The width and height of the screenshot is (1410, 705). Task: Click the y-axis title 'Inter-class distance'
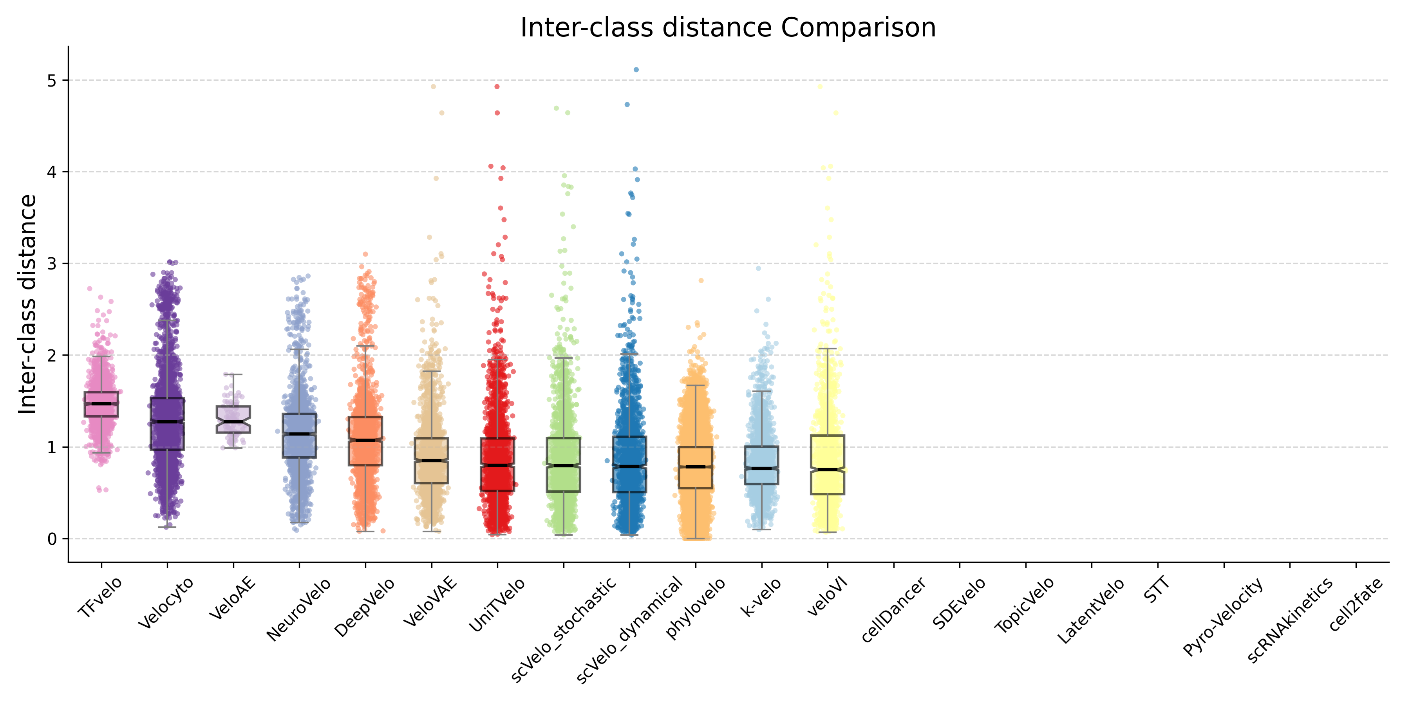click(x=27, y=304)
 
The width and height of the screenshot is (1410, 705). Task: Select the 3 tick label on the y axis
click(x=52, y=264)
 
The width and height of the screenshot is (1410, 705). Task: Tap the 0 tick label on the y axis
click(x=52, y=539)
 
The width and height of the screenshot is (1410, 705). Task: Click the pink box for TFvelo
click(x=101, y=404)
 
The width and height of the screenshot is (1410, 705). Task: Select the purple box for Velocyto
click(x=168, y=424)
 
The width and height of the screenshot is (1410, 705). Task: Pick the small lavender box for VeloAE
click(x=234, y=420)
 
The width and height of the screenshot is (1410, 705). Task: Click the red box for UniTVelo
click(x=497, y=464)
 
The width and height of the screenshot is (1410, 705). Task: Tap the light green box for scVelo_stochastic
click(x=564, y=464)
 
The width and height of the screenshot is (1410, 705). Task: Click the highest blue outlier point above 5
click(x=636, y=69)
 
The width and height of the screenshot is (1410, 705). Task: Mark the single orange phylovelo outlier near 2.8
click(x=701, y=280)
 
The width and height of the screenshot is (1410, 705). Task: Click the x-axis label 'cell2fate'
click(x=1356, y=604)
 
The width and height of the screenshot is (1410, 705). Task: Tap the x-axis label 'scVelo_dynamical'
click(x=629, y=629)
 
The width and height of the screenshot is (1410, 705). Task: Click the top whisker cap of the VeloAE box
click(x=234, y=374)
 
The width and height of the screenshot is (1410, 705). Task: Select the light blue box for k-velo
click(x=761, y=465)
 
